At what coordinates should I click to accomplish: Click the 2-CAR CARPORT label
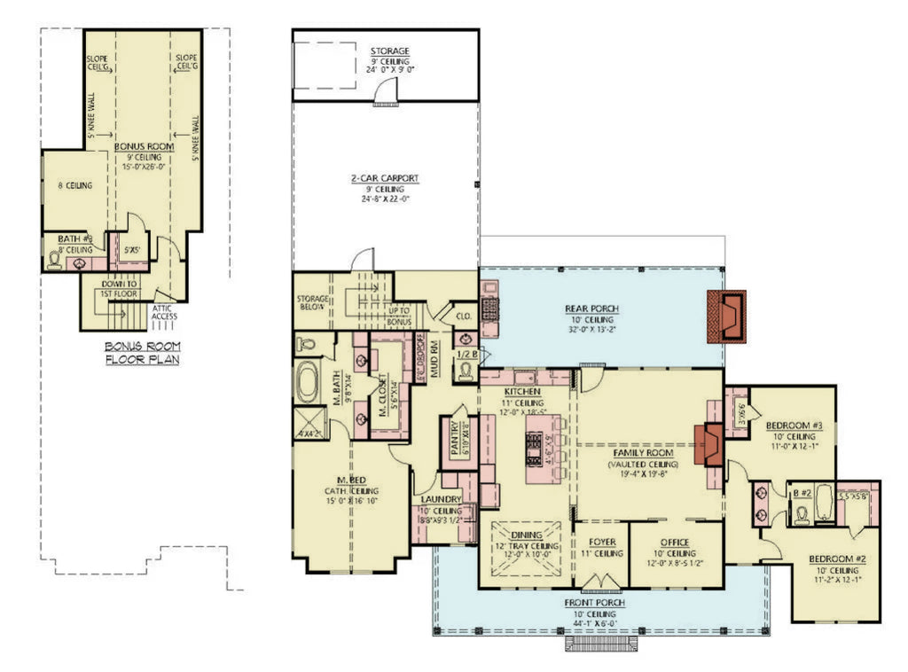click(x=384, y=178)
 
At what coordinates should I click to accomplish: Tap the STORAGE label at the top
click(x=389, y=51)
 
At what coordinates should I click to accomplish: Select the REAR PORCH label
click(x=591, y=309)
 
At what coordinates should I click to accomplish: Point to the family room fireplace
click(x=710, y=443)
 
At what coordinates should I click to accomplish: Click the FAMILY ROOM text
click(x=641, y=453)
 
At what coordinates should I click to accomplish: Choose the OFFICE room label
click(x=677, y=541)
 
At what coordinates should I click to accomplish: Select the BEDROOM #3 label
click(x=794, y=426)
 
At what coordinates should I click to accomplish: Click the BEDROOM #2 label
click(x=837, y=559)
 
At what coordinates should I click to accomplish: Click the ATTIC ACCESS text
click(x=164, y=312)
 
